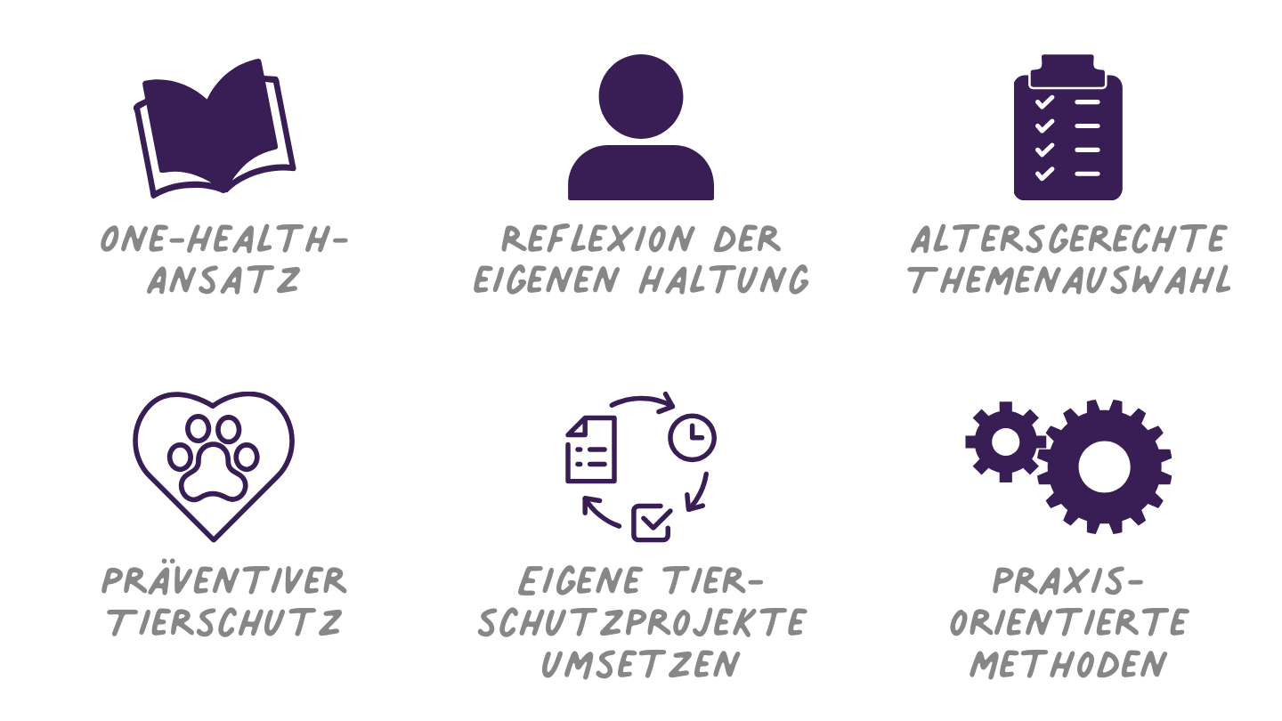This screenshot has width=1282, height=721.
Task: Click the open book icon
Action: tap(215, 129)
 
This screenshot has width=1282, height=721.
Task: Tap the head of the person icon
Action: tap(640, 96)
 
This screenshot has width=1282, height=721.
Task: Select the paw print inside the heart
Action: tap(214, 458)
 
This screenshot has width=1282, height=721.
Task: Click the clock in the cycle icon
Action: tap(692, 438)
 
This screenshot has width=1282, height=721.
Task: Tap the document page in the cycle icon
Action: tap(591, 450)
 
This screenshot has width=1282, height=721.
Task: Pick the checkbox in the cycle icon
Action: tap(652, 523)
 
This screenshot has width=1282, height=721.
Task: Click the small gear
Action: tap(1006, 442)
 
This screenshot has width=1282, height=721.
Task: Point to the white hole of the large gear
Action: tap(1104, 466)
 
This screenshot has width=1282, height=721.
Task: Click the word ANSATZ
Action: tap(223, 279)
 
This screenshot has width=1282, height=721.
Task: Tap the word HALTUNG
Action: tap(724, 279)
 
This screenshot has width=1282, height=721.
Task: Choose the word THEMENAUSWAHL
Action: tap(1069, 279)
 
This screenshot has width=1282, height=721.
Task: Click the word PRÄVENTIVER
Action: tap(223, 579)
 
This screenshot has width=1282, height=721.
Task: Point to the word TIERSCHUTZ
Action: tap(225, 622)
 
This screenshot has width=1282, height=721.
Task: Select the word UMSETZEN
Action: tap(640, 664)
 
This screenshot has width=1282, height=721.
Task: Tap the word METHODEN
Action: tap(1068, 664)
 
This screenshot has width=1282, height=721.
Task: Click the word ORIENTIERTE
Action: tap(1069, 622)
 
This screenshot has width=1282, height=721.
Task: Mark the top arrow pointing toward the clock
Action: tap(642, 398)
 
